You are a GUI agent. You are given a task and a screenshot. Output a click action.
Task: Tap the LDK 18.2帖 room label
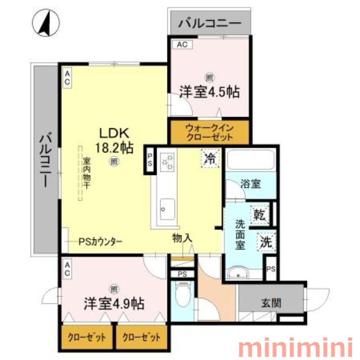pyautogui.click(x=114, y=140)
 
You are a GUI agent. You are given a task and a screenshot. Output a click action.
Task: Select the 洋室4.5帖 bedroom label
pyautogui.click(x=209, y=92)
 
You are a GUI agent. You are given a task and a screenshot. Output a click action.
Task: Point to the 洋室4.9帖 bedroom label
pyautogui.click(x=114, y=303)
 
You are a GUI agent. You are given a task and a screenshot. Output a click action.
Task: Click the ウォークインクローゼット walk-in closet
pyautogui.click(x=209, y=132)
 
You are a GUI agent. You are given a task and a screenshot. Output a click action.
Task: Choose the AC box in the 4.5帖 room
pyautogui.click(x=182, y=45)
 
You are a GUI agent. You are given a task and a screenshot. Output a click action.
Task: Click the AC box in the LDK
pyautogui.click(x=67, y=78)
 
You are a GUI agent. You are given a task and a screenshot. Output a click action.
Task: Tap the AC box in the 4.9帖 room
pyautogui.click(x=67, y=269)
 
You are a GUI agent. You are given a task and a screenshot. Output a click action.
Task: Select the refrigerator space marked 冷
pyautogui.click(x=210, y=158)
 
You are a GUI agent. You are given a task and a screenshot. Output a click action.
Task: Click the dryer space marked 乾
pyautogui.click(x=260, y=215)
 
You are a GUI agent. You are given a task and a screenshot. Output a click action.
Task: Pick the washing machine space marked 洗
pyautogui.click(x=266, y=242)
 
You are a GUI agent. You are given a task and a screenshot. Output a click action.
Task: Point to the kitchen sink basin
pyautogui.click(x=167, y=209)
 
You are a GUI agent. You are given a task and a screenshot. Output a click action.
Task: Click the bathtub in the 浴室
pyautogui.click(x=251, y=160)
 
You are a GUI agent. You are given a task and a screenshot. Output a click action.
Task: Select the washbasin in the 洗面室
pyautogui.click(x=238, y=273)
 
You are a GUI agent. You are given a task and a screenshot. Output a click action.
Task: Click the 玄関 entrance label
pyautogui.click(x=271, y=303)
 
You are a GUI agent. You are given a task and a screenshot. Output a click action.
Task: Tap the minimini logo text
pyautogui.click(x=295, y=348)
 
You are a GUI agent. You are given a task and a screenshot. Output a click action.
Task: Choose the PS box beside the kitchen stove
pyautogui.click(x=150, y=160)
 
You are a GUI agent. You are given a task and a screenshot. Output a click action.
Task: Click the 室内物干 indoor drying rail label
pyautogui.click(x=86, y=173)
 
